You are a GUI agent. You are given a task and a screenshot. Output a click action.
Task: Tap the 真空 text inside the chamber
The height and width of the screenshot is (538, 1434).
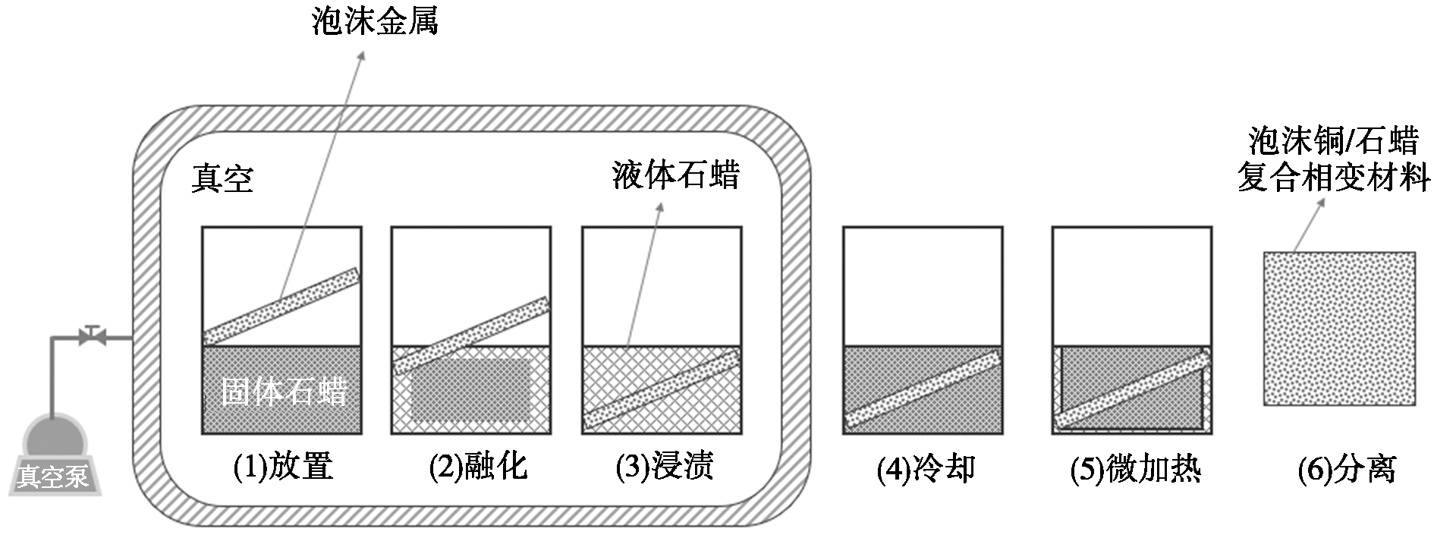(222, 179)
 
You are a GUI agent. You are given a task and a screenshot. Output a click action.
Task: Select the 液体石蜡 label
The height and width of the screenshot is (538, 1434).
(675, 175)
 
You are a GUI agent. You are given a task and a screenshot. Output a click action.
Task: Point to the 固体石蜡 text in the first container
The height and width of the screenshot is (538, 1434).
(284, 392)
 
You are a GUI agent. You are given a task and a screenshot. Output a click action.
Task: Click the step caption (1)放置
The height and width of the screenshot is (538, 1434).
(283, 466)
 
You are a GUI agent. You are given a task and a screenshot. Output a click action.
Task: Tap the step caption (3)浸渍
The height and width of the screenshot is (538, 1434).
(664, 466)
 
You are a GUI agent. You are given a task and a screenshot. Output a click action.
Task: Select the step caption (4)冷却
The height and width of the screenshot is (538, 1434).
(926, 470)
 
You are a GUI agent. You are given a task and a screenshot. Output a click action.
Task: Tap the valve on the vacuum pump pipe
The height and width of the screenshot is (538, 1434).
(92, 335)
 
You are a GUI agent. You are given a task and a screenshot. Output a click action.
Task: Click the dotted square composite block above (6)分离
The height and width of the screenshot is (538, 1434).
(1339, 329)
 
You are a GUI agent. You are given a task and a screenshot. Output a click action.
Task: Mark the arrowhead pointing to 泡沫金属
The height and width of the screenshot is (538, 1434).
(362, 57)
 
